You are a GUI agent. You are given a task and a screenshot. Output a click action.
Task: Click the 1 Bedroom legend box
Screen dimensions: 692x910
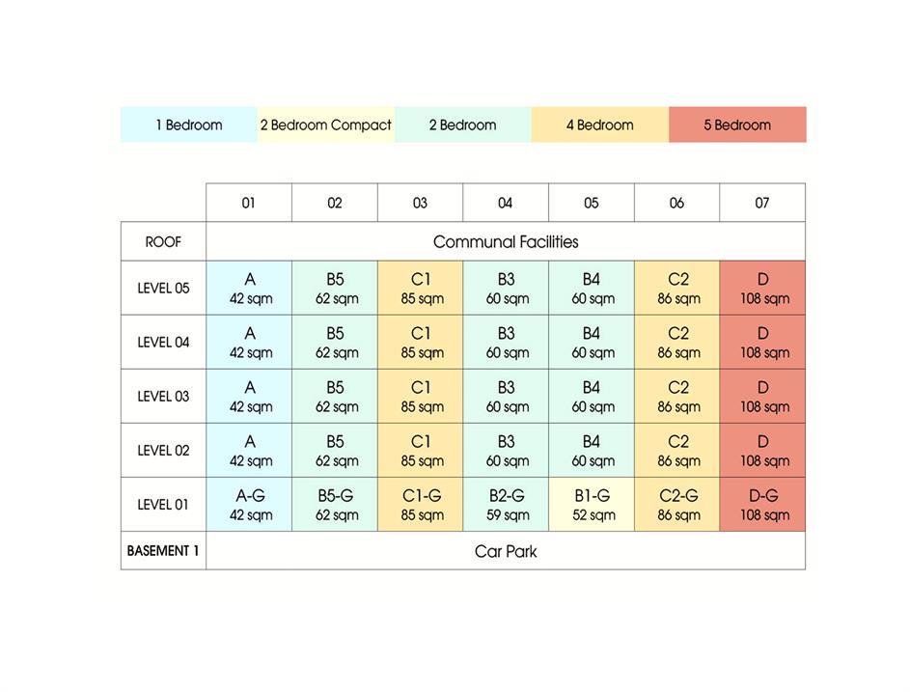click(x=189, y=125)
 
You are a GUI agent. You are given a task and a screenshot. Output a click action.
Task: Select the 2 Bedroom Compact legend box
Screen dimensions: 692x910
click(x=326, y=125)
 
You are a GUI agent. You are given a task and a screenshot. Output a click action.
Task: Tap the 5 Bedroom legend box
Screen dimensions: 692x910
click(x=737, y=125)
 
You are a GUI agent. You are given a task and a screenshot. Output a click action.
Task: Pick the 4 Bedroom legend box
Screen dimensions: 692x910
click(x=599, y=125)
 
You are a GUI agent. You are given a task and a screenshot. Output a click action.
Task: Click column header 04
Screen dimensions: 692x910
click(x=506, y=203)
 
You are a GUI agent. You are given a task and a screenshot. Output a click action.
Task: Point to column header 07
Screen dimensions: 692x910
click(x=762, y=203)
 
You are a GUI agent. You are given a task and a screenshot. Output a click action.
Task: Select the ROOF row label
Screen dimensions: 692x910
click(x=163, y=241)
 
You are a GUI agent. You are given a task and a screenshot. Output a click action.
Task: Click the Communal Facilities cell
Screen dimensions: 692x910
click(x=506, y=241)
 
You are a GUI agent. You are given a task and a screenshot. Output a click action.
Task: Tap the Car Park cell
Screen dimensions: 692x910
click(x=506, y=551)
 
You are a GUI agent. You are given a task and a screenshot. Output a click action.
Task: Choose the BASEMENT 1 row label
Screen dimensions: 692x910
click(x=163, y=551)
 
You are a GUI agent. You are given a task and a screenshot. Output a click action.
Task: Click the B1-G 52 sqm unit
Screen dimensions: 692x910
click(x=592, y=505)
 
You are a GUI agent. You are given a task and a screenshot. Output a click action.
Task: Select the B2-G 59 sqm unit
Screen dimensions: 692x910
click(x=506, y=505)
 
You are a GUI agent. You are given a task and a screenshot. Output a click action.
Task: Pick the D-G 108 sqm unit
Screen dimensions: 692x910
click(x=762, y=505)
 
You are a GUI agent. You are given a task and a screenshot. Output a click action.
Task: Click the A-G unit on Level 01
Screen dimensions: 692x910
click(x=249, y=505)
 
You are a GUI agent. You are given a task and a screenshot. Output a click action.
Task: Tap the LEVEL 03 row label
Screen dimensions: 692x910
click(x=163, y=396)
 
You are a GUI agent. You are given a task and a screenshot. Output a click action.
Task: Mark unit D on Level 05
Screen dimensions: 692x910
click(x=762, y=288)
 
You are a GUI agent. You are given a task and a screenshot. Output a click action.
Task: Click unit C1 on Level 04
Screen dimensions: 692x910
click(x=421, y=342)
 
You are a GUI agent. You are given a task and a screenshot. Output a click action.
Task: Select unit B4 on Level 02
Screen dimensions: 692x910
click(x=592, y=450)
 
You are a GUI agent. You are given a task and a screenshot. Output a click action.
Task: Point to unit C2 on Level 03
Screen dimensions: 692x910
click(x=677, y=396)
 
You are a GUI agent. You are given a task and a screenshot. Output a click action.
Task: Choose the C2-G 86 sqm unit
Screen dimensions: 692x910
click(x=677, y=505)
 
